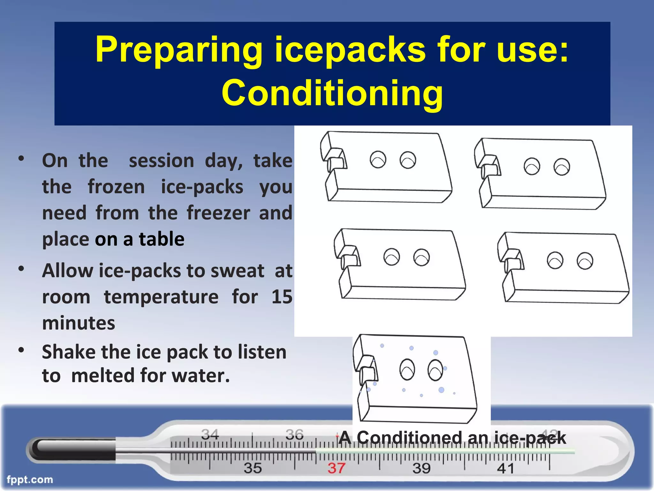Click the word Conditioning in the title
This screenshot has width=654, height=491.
tap(332, 93)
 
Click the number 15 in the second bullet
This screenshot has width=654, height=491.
tap(282, 297)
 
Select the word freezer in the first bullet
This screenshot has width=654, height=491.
tap(218, 213)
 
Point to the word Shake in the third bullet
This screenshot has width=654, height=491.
tap(69, 352)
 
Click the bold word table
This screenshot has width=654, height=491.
tap(161, 239)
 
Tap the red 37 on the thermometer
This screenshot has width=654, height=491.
tap(336, 468)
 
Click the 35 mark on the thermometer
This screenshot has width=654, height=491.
tap(253, 468)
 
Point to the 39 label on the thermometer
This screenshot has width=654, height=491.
tap(421, 468)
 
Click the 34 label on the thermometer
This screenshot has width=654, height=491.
tap(210, 434)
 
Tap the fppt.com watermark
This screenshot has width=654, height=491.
tap(30, 479)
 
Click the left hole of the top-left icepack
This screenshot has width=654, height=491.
tap(378, 159)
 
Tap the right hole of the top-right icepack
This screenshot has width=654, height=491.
tap(562, 167)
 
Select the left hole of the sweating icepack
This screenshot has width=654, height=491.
tap(407, 370)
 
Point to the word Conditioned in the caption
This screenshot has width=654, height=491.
tap(409, 438)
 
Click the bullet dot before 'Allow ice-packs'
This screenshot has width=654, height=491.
tap(21, 269)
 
